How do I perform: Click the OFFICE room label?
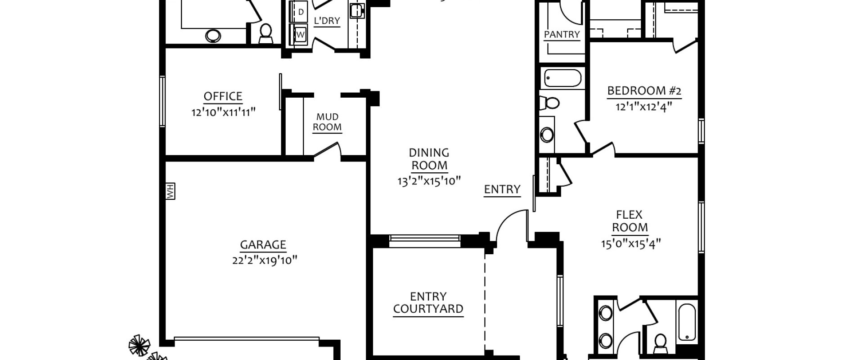pyautogui.click(x=223, y=96)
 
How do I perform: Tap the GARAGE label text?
pyautogui.click(x=263, y=245)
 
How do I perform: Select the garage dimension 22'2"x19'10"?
pyautogui.click(x=265, y=260)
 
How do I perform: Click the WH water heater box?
pyautogui.click(x=170, y=191)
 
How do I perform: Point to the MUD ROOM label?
pyautogui.click(x=327, y=122)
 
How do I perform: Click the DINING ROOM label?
pyautogui.click(x=429, y=159)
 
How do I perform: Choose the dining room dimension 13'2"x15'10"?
pyautogui.click(x=429, y=181)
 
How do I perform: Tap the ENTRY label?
pyautogui.click(x=502, y=189)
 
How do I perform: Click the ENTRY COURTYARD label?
pyautogui.click(x=428, y=303)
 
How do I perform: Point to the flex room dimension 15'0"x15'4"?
pyautogui.click(x=631, y=244)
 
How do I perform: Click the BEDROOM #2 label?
pyautogui.click(x=644, y=91)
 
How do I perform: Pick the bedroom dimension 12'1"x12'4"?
pyautogui.click(x=644, y=106)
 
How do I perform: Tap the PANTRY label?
pyautogui.click(x=562, y=35)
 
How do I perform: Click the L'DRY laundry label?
pyautogui.click(x=327, y=21)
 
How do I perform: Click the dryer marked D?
pyautogui.click(x=301, y=11)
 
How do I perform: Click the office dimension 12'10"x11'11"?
pyautogui.click(x=224, y=112)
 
